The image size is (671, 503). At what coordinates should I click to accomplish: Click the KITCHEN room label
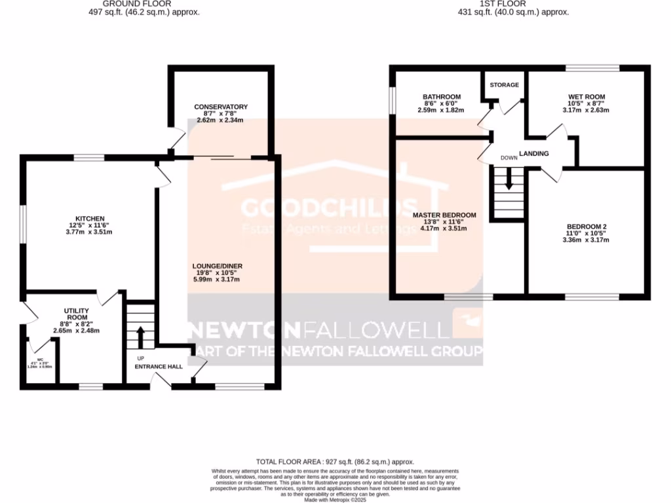point(90,218)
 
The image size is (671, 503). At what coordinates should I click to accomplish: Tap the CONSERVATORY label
point(220,107)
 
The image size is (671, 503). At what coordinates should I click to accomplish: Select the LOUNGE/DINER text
point(218,266)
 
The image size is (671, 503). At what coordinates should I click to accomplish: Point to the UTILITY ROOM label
point(75,314)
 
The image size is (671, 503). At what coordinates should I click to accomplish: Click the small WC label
point(40,360)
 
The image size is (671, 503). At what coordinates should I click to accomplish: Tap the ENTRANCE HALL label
point(158,367)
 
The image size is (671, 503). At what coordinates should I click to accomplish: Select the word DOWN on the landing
point(508,158)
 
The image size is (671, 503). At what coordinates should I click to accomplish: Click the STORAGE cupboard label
point(504,85)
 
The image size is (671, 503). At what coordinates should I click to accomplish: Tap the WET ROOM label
point(586,97)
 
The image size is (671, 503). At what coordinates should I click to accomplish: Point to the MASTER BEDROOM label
point(444,215)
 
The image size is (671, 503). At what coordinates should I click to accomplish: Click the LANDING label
point(533,154)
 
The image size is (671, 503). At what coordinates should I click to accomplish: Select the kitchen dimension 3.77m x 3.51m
point(90,232)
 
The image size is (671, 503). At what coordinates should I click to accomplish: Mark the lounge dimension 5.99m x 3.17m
point(218,280)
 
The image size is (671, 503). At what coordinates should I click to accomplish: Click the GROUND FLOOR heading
point(144,3)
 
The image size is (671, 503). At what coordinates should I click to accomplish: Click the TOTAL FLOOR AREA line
point(335,462)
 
